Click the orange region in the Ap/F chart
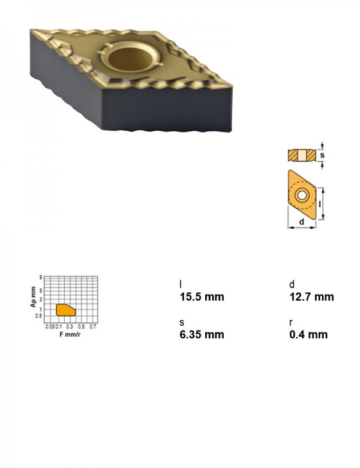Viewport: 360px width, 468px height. (x=65, y=310)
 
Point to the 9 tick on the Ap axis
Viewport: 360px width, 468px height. (x=40, y=277)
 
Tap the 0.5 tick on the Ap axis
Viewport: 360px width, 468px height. (x=39, y=316)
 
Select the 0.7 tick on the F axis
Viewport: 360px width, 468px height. (x=93, y=326)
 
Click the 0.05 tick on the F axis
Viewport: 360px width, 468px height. (x=50, y=326)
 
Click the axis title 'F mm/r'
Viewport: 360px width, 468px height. (x=70, y=334)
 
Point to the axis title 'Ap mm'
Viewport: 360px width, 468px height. (x=33, y=296)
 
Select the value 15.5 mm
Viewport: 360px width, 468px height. (x=202, y=296)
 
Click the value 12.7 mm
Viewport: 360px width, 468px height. (x=311, y=296)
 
